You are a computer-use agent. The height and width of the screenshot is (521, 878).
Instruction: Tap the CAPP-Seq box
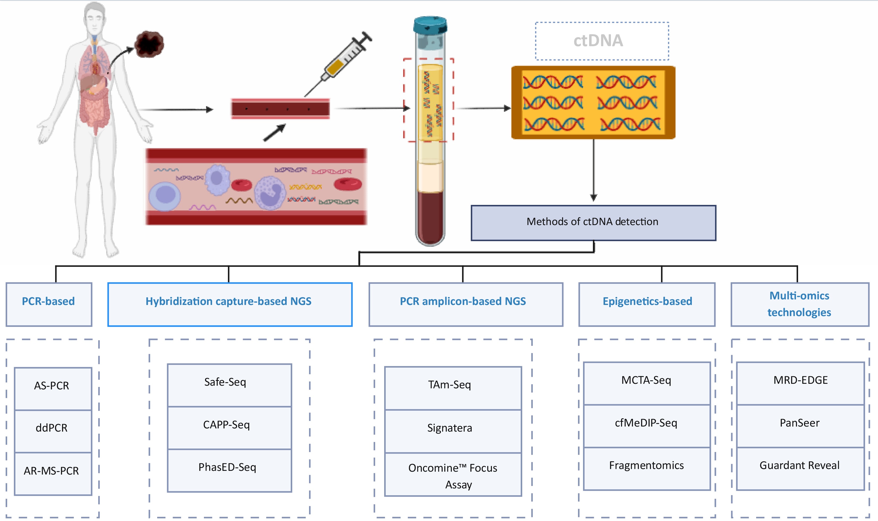(x=229, y=428)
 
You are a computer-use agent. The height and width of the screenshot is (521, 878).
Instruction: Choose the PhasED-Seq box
(x=229, y=471)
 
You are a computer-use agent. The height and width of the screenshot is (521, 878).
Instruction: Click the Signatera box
(x=453, y=431)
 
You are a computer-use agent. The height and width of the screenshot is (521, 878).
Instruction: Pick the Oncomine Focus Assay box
(x=453, y=475)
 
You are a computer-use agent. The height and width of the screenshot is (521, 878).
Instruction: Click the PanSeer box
(x=800, y=426)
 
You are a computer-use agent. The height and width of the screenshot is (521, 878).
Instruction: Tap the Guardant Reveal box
(x=800, y=469)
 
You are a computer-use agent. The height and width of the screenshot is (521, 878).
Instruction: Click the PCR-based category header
(x=49, y=304)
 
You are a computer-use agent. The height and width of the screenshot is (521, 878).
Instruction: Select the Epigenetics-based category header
(x=647, y=304)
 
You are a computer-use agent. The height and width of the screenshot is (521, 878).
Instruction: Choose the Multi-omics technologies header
(x=800, y=304)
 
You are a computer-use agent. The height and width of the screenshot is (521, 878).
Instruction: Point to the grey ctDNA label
(x=598, y=41)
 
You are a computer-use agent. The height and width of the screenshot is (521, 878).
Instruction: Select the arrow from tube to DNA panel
(x=483, y=108)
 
